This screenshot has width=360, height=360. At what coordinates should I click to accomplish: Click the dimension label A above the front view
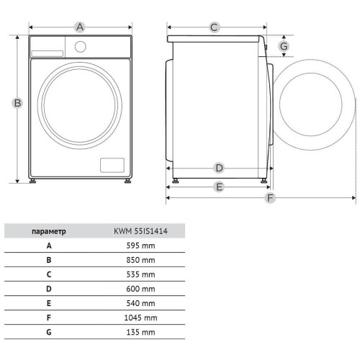[x=80, y=27]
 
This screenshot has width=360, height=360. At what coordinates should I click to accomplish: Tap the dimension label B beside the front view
[x=17, y=103]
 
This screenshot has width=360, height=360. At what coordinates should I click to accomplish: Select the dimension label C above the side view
[x=214, y=27]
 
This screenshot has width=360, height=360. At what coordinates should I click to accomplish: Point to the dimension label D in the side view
[x=219, y=168]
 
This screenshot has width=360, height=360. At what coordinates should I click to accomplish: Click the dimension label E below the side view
[x=219, y=186]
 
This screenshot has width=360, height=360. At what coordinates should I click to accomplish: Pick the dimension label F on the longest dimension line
[x=270, y=198]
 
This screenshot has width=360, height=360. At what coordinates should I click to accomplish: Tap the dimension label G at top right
[x=284, y=46]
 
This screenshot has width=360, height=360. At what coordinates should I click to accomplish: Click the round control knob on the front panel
[x=80, y=47]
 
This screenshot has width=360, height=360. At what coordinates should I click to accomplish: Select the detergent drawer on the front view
[x=48, y=53]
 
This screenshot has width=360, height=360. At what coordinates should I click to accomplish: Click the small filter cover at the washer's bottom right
[x=112, y=165]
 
